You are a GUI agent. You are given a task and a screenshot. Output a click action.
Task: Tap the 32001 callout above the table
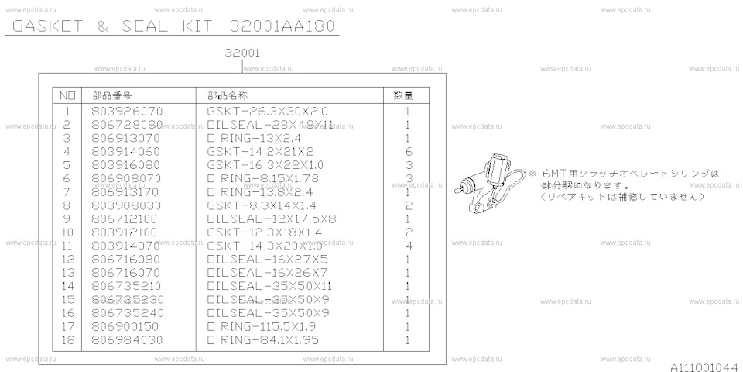coord(241,53)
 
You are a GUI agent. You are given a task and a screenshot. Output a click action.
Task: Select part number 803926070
coord(127,112)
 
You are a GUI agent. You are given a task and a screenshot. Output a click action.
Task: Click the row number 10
coord(66,232)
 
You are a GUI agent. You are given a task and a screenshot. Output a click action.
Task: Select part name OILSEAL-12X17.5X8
coord(271,219)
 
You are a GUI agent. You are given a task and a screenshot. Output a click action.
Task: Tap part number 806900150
coord(127,326)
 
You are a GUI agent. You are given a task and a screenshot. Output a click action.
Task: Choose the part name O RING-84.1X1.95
coord(263,339)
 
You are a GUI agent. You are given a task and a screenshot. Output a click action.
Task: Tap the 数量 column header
coord(403,95)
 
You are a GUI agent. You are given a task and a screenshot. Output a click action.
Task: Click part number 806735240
coord(127,312)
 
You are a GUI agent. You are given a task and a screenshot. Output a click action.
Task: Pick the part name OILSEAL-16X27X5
coord(268,259)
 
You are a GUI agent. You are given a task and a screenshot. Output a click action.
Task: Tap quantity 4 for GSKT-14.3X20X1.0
coord(407,246)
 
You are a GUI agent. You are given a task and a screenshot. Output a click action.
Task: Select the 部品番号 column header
coord(111,95)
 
